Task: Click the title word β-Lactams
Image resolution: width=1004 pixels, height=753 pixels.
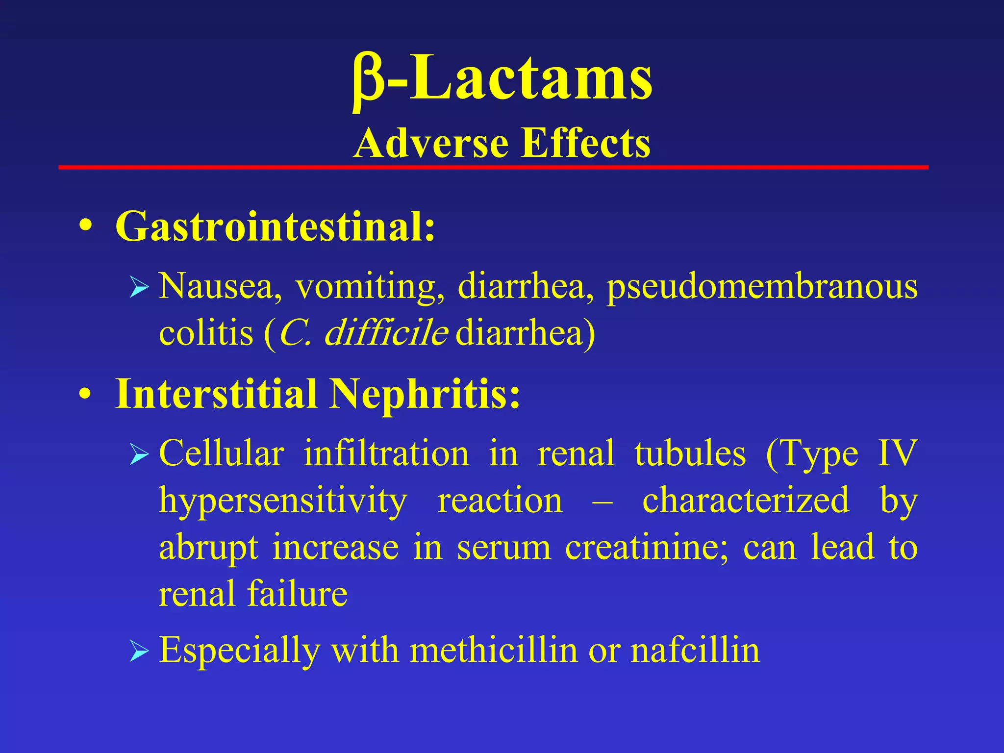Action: [502, 78]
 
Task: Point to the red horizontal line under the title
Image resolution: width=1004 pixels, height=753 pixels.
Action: [493, 168]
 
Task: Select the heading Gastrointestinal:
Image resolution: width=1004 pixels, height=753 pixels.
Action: [275, 226]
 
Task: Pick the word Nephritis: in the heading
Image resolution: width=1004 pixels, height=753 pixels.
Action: [425, 394]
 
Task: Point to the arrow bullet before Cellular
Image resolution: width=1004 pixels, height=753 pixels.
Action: [139, 455]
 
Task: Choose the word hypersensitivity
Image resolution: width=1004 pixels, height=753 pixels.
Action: [283, 501]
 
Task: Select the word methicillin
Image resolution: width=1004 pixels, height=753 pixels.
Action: [494, 651]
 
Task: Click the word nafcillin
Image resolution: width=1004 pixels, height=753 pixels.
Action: [695, 651]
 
